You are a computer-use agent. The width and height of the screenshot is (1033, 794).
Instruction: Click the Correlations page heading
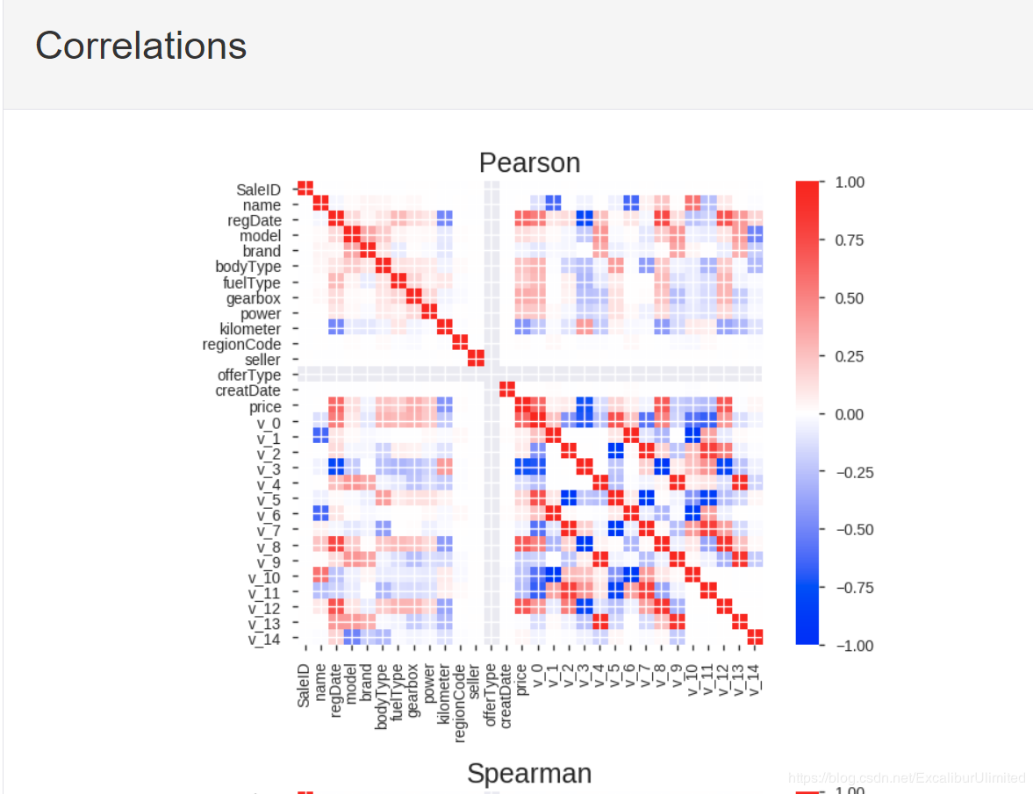pos(140,46)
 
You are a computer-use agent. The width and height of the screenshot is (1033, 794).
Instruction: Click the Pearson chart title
pos(529,162)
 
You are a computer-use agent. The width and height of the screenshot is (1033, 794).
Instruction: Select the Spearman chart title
pos(528,773)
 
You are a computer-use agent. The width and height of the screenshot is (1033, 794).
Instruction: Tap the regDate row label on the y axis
pos(254,220)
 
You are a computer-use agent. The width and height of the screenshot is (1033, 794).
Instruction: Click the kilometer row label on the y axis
pos(250,329)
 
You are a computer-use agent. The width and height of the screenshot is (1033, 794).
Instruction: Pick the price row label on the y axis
pos(265,407)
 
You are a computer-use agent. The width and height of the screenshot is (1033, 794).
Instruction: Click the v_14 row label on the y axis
pos(264,639)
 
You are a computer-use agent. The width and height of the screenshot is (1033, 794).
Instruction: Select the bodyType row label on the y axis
pos(248,267)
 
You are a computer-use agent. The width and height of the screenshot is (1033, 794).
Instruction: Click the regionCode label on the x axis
pos(461,702)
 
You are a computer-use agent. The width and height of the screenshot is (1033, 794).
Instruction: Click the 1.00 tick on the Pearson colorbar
pos(850,182)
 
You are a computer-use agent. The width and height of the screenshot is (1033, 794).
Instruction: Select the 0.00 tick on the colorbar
pos(850,414)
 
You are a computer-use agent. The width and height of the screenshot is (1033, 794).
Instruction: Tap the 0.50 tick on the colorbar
pos(850,298)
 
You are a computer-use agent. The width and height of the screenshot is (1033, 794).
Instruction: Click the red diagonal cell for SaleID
pos(305,189)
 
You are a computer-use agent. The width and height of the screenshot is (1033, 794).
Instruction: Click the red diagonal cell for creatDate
pos(506,390)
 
